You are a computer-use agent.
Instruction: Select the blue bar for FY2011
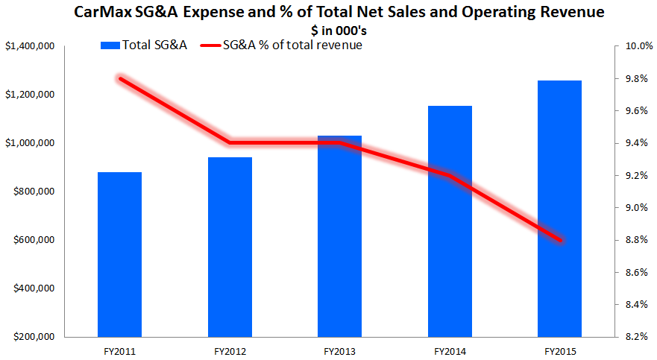[119, 254]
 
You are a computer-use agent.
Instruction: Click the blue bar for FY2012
[230, 247]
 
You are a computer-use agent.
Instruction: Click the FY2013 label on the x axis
[339, 350]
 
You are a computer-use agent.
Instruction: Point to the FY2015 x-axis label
[559, 350]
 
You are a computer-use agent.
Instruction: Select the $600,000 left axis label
[31, 240]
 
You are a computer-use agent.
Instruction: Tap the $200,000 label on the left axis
[31, 337]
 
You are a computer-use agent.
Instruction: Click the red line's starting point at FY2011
[119, 78]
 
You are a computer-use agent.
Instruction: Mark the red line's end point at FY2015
[559, 240]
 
